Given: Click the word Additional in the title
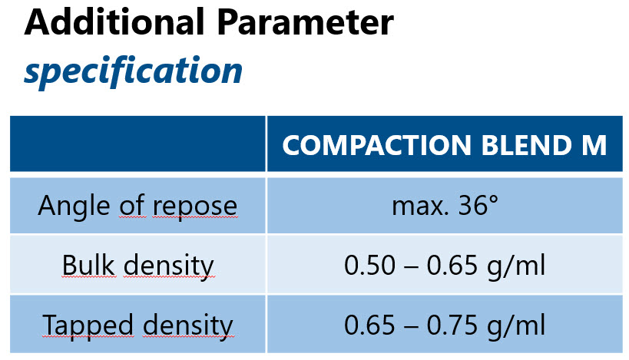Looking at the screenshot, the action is tap(114, 22).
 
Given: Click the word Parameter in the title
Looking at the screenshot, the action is tap(306, 22).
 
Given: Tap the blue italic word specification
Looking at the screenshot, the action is tap(133, 71).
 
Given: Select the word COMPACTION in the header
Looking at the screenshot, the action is tap(376, 145).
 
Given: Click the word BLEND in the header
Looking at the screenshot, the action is tap(526, 145).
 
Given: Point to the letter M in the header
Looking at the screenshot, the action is tap(594, 145).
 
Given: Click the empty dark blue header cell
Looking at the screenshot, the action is tap(137, 144).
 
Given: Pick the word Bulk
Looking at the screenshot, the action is tap(88, 265).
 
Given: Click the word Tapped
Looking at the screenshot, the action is tap(88, 325).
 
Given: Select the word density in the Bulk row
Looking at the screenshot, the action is tap(169, 266).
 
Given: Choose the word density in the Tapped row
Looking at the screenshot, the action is tap(188, 326).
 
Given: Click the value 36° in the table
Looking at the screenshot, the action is tap(478, 206).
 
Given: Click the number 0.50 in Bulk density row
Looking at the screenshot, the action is tap(369, 266).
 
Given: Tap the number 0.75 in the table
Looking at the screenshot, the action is tap(452, 325).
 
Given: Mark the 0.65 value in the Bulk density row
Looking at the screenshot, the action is tap(452, 266).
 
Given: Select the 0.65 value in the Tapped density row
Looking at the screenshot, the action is tap(369, 325).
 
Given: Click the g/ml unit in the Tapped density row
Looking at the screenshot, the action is tap(516, 326).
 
